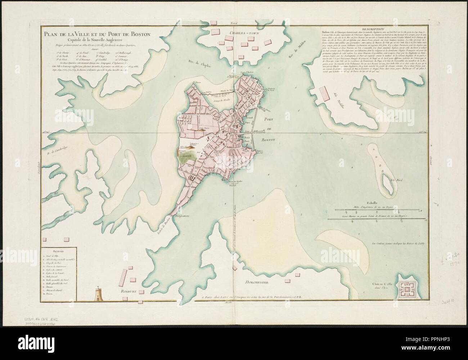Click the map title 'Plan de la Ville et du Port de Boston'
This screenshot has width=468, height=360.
tap(96, 35)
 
